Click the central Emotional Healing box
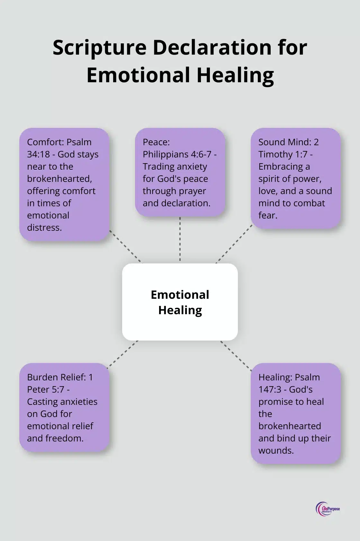pyautogui.click(x=180, y=302)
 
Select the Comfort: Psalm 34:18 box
pyautogui.click(x=64, y=184)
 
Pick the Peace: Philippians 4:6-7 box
pyautogui.click(x=180, y=172)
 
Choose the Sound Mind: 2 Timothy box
pyautogui.click(x=295, y=178)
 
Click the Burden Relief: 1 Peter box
pyautogui.click(x=64, y=407)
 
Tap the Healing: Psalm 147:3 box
pyautogui.click(x=295, y=413)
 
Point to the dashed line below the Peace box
pyautogui.click(x=180, y=239)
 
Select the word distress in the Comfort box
pyautogui.click(x=44, y=227)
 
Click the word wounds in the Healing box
pyautogui.click(x=276, y=450)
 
